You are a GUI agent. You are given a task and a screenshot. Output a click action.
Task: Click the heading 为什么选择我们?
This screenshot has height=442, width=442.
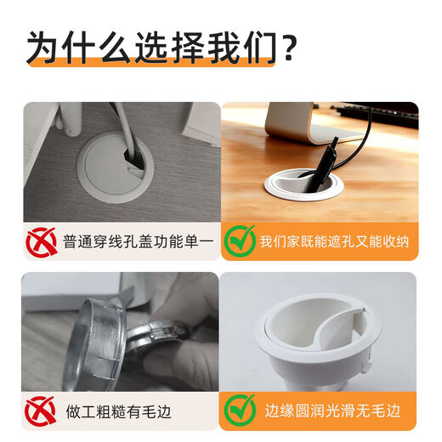161,48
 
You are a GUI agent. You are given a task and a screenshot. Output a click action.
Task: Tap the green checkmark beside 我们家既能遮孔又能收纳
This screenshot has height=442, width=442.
240,241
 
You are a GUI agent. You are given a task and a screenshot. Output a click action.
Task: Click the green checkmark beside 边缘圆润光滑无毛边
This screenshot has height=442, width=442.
240,410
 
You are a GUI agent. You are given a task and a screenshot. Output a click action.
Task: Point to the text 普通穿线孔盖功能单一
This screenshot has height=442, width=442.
136,242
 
